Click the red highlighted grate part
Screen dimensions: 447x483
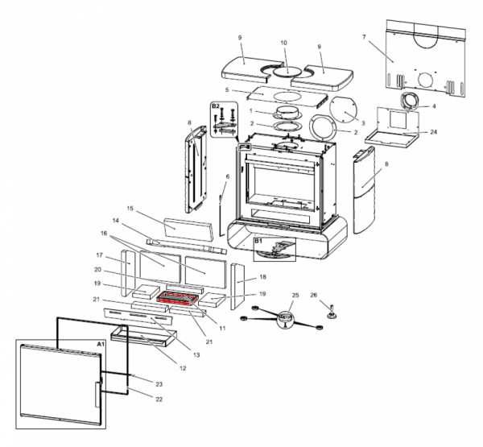[x=181, y=300]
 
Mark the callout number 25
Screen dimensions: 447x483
[x=295, y=296]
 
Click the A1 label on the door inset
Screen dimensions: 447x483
[x=101, y=344]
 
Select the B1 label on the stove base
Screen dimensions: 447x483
[x=259, y=240]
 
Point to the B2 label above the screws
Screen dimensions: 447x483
[x=215, y=106]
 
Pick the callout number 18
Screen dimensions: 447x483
[x=262, y=277]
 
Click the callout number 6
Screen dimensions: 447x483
[x=227, y=176]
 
